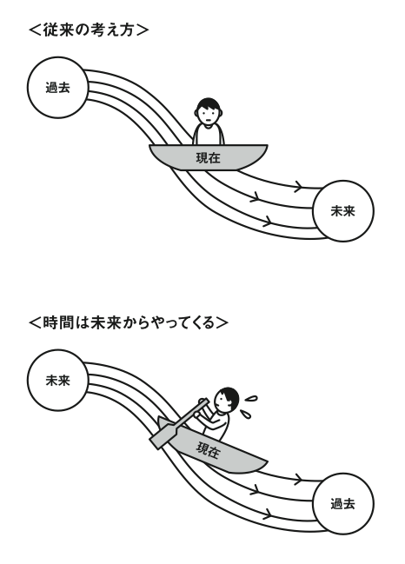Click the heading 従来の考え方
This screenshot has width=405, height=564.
click(x=89, y=30)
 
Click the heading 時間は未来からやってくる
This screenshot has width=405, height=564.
click(x=129, y=322)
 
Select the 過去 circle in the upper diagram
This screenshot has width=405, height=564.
click(x=58, y=88)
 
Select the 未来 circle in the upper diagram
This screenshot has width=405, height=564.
click(x=343, y=211)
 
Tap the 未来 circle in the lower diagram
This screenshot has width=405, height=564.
click(x=58, y=380)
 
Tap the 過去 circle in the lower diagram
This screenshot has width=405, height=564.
click(x=343, y=503)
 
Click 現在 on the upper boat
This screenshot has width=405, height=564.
click(x=209, y=158)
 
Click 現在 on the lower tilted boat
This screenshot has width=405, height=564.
click(x=208, y=449)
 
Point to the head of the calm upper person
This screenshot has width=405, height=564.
click(x=209, y=110)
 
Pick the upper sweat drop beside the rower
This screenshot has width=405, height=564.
click(x=251, y=399)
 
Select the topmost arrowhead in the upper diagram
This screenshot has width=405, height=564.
click(x=298, y=186)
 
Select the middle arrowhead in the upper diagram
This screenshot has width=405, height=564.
click(x=256, y=196)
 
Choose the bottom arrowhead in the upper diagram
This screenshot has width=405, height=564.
click(x=267, y=221)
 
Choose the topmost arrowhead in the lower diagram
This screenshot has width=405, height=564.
click(x=298, y=479)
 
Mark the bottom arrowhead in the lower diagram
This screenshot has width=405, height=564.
click(x=267, y=514)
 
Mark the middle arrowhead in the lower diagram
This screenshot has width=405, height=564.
click(x=256, y=489)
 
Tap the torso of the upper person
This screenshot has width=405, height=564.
click(x=209, y=134)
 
